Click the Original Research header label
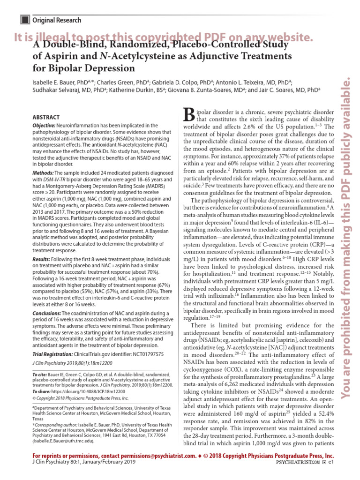pos(56,20)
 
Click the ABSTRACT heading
pos(46,117)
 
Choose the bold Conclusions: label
pos(48,314)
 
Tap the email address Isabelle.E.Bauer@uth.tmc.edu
pos(64,441)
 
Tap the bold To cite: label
pos(42,375)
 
